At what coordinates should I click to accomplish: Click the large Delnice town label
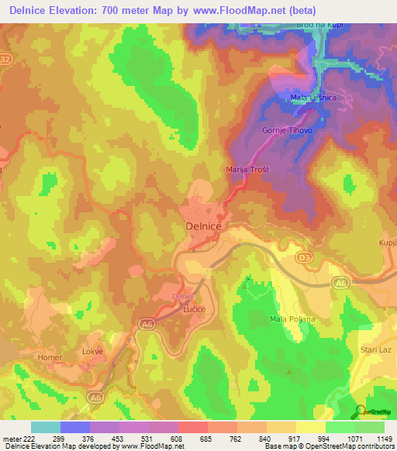[205, 225]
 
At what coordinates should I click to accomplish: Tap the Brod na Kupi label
[319, 26]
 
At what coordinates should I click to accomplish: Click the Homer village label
[50, 357]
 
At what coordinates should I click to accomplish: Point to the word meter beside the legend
[12, 438]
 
